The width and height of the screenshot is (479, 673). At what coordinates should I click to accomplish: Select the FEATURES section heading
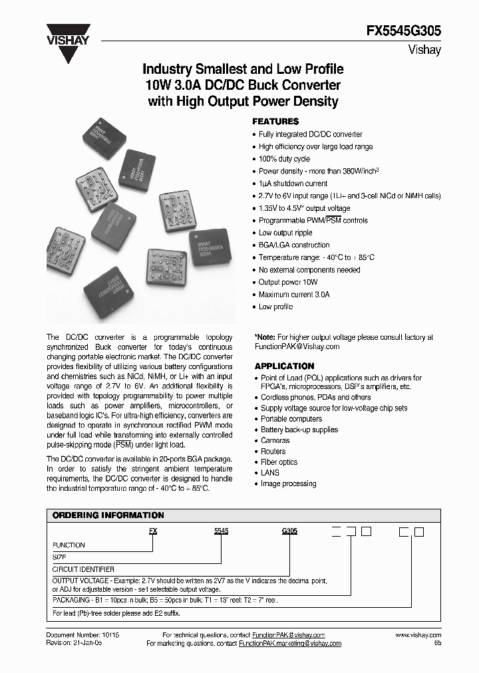coord(275,122)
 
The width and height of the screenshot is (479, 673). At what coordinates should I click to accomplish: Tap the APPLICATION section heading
coord(284,366)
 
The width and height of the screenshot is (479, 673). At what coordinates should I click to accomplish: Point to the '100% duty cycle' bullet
coord(284,159)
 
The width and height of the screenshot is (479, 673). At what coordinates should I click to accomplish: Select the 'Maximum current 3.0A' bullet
coord(294,294)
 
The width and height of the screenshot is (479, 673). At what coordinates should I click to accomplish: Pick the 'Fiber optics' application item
coord(279,462)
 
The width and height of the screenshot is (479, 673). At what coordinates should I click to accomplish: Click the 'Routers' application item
coord(273,452)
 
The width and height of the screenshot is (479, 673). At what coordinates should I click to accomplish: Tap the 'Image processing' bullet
coord(288,483)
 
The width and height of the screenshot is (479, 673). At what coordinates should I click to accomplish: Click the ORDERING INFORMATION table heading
coord(108,515)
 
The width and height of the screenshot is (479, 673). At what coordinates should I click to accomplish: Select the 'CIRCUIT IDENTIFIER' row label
coord(83,569)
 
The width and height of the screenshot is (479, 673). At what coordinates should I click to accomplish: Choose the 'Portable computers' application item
coord(291,419)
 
